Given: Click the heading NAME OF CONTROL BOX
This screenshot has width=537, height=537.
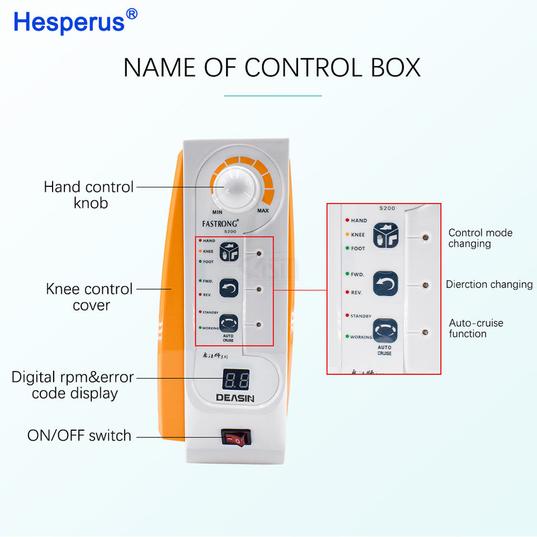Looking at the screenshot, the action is [272, 68].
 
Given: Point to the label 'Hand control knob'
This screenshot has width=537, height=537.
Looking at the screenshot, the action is [89, 195].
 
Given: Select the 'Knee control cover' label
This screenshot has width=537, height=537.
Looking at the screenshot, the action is [89, 297].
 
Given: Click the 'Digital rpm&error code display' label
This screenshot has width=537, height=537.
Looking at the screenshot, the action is [73, 385].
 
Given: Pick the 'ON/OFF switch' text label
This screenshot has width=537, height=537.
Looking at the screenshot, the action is [79, 435].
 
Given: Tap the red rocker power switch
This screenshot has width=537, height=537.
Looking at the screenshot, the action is [235, 438].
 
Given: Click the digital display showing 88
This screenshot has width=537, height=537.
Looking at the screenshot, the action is [235, 380].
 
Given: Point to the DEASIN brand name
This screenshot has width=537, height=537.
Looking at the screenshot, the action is [235, 398].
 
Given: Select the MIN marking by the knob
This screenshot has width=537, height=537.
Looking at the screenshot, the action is [217, 213].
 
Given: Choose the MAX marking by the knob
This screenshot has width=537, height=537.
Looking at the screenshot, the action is [263, 211].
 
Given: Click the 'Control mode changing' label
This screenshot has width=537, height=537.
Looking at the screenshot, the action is [480, 238].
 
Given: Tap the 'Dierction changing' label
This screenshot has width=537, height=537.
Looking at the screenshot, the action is [489, 284].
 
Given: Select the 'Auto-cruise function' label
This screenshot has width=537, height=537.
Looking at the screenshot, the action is [475, 328].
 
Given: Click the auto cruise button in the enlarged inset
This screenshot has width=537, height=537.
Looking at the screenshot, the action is [385, 331].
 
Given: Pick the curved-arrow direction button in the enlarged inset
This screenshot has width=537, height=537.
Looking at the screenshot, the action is [385, 284].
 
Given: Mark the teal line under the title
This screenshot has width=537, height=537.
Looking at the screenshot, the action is [273, 96].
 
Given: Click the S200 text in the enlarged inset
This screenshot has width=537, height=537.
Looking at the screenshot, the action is [387, 208].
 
